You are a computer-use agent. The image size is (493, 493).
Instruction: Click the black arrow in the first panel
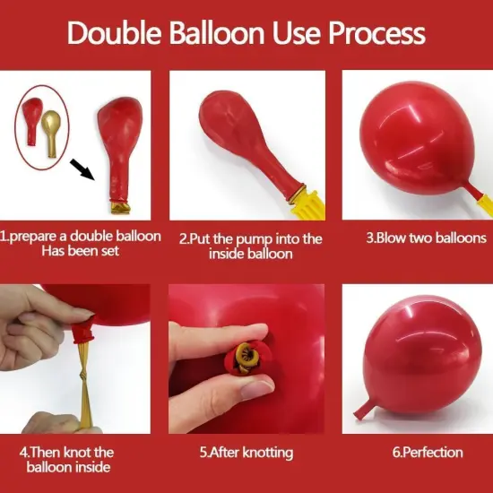[x=83, y=168]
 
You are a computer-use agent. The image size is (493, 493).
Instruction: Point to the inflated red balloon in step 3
[x=411, y=134]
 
